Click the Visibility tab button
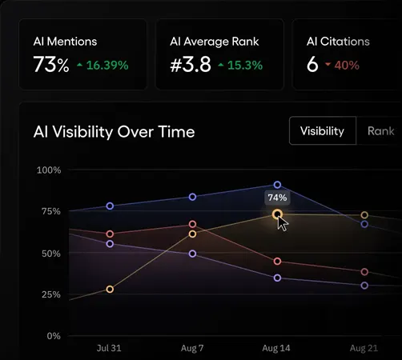coord(322,131)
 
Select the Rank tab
coord(380,131)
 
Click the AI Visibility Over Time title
coord(114,132)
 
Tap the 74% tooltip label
coord(277,197)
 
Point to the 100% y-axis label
coord(49,170)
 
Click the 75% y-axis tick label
coord(50,212)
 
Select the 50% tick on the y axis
coord(50,254)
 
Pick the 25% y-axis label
coord(50,295)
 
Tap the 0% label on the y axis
coord(54,336)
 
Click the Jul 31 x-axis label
coord(110,349)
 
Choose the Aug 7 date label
coord(192,349)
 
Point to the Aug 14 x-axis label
coord(277,349)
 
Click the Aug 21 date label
coord(364,349)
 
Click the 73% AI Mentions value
coord(51,65)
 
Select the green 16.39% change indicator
coord(102,66)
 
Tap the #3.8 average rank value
coord(191,65)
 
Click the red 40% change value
coord(343,66)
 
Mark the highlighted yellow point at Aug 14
coord(277,214)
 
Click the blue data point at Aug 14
coord(277,185)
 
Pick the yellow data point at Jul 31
coord(110,289)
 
